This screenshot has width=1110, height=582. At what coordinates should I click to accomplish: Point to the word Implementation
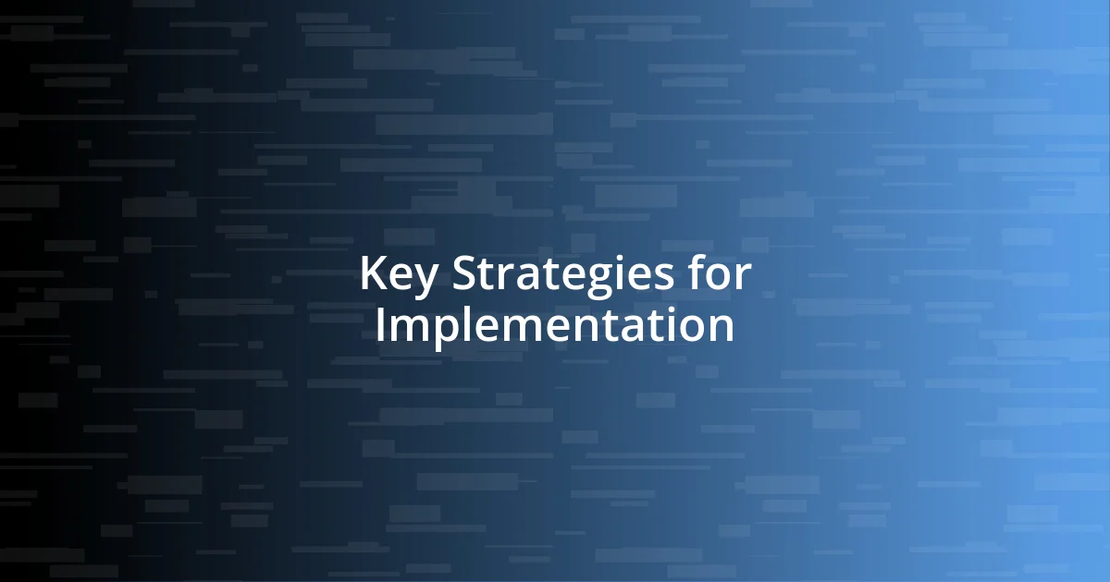point(554,325)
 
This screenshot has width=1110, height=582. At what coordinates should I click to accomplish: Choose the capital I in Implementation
point(380,324)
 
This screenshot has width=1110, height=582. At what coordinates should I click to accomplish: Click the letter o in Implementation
point(691,328)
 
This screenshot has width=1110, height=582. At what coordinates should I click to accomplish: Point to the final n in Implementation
point(721,328)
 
